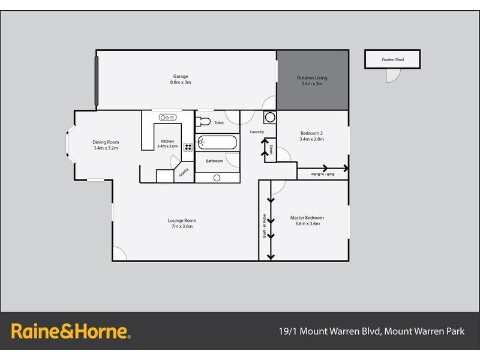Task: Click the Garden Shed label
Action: pyautogui.click(x=392, y=60)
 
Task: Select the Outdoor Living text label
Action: pyautogui.click(x=312, y=78)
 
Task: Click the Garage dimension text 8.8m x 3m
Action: pyautogui.click(x=181, y=83)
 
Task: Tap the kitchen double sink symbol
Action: pyautogui.click(x=166, y=118)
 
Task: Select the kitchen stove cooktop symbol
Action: pyautogui.click(x=188, y=146)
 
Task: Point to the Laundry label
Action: pyautogui.click(x=256, y=132)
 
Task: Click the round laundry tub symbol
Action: pyautogui.click(x=269, y=117)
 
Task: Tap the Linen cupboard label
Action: pyautogui.click(x=271, y=149)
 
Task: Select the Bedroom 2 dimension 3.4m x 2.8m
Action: pyautogui.click(x=311, y=139)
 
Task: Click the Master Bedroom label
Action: pyautogui.click(x=307, y=218)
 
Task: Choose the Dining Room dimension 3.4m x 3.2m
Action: pyautogui.click(x=106, y=148)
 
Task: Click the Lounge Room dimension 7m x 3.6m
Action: pyautogui.click(x=182, y=227)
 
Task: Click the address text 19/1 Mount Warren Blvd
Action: pyautogui.click(x=330, y=331)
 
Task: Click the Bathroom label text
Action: pyautogui.click(x=214, y=161)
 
